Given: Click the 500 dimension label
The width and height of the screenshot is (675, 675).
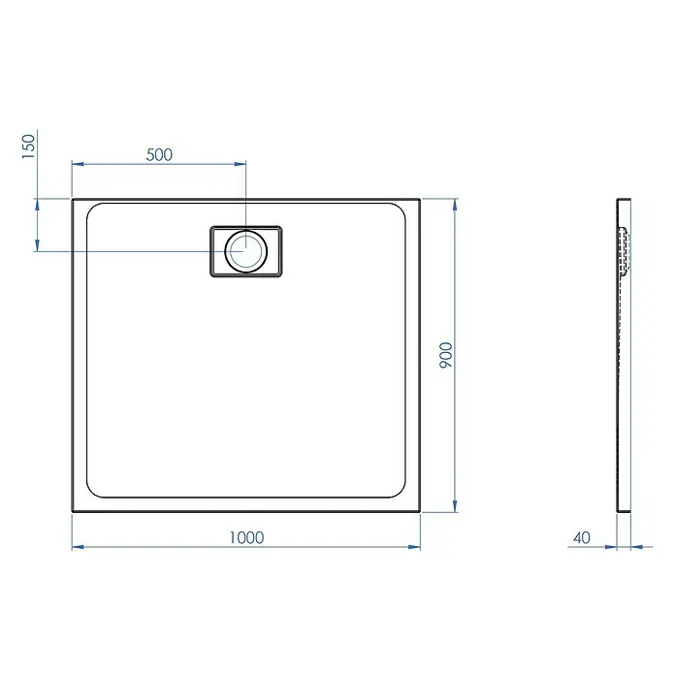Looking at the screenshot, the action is (x=159, y=154).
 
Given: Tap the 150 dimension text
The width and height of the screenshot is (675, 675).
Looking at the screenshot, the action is (x=28, y=146).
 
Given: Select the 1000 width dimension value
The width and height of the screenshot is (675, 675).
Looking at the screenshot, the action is (x=246, y=537).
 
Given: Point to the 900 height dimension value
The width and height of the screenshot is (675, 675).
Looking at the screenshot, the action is (x=446, y=355).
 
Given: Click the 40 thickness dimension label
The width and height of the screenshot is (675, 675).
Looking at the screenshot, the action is (x=582, y=537).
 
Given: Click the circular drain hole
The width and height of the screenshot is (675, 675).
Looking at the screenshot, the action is (x=245, y=251).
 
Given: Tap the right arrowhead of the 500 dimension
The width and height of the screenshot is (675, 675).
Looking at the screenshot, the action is (x=240, y=164).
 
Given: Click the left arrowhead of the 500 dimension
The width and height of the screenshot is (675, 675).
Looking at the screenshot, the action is (x=78, y=164).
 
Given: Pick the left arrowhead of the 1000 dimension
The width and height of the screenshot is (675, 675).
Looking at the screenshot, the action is (x=78, y=547).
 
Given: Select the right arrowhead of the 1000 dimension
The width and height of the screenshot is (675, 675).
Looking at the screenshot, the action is (x=414, y=547).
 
